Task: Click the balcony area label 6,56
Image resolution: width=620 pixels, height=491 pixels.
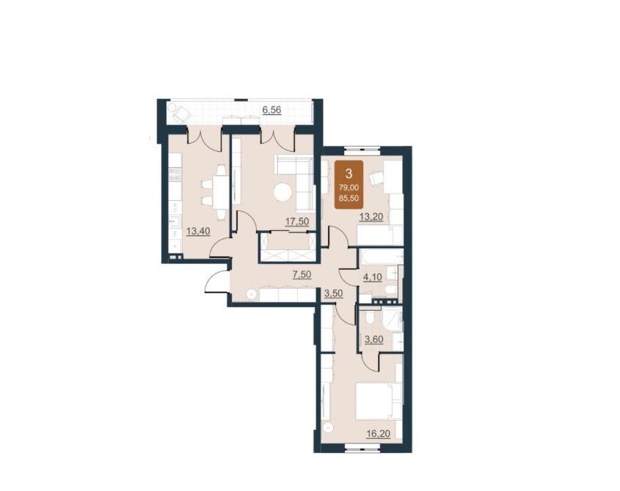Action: click(271, 110)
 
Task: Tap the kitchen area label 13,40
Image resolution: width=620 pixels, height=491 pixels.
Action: click(197, 231)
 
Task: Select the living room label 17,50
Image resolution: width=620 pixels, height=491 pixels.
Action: click(297, 221)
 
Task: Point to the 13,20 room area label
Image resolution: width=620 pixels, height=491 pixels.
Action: click(371, 216)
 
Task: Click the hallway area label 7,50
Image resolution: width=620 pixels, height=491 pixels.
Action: click(302, 275)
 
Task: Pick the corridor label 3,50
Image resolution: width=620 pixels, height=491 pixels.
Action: click(333, 292)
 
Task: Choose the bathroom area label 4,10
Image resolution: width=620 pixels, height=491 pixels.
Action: click(373, 277)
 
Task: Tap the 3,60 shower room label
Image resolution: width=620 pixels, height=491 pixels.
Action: click(373, 339)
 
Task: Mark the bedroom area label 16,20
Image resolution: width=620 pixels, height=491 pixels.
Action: click(378, 434)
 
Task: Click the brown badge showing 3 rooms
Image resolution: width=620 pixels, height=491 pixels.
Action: click(349, 185)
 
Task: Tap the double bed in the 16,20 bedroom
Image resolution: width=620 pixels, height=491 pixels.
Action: click(379, 402)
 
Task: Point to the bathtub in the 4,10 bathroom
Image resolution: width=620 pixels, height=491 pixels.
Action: click(382, 256)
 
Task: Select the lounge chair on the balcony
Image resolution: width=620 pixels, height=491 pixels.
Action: click(180, 114)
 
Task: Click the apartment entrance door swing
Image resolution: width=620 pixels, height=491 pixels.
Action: click(216, 281)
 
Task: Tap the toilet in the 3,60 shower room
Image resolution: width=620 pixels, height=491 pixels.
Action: click(370, 318)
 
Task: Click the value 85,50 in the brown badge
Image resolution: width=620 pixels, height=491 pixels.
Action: click(349, 199)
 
